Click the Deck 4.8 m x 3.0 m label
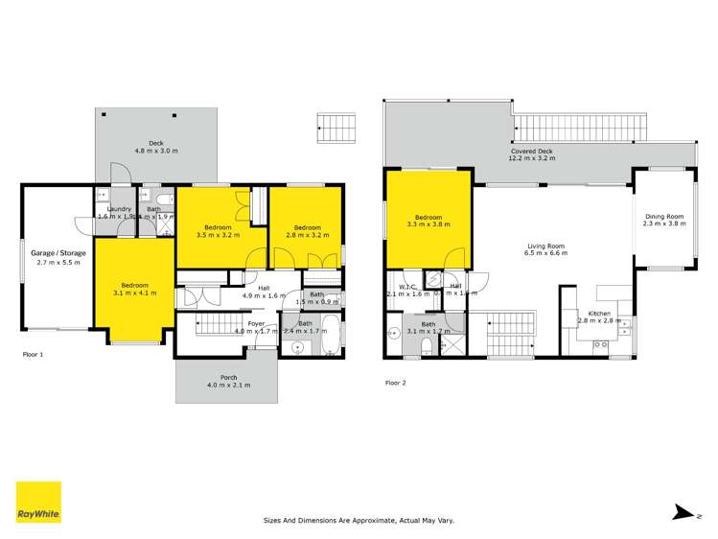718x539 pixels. (155, 148)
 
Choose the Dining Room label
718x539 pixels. (663, 222)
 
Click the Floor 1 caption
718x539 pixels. (34, 354)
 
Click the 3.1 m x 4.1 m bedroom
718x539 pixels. (134, 290)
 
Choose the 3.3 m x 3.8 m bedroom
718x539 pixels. (428, 222)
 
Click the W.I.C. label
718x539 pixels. (402, 290)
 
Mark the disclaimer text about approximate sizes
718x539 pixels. (359, 521)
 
